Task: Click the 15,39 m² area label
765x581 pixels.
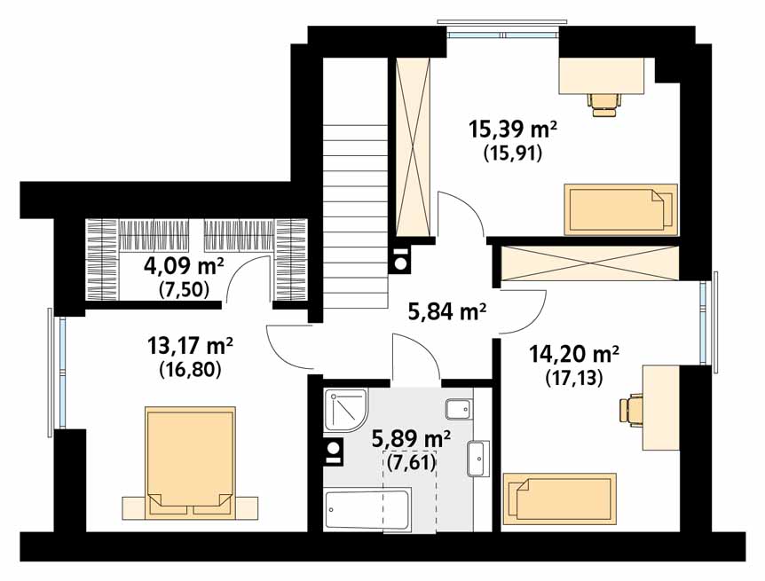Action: click(x=512, y=130)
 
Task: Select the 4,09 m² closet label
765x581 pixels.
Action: click(x=184, y=266)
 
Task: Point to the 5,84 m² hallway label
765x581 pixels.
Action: click(x=447, y=310)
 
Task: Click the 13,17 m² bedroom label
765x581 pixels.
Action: click(x=190, y=346)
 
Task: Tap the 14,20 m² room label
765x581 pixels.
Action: click(x=574, y=355)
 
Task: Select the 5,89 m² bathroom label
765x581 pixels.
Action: click(x=410, y=438)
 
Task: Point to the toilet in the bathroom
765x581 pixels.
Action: click(x=459, y=409)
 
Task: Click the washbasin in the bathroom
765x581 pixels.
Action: click(x=479, y=459)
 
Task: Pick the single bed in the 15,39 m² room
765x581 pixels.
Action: click(x=620, y=209)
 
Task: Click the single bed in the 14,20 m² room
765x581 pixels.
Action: click(x=559, y=499)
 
